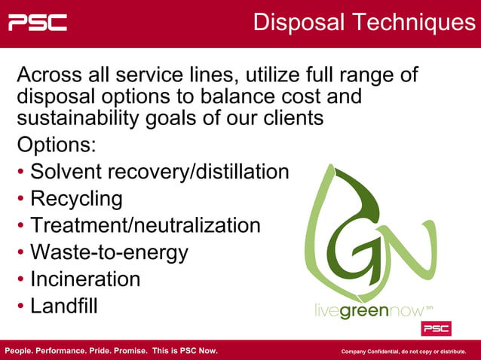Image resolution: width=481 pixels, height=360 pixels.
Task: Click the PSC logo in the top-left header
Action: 37,23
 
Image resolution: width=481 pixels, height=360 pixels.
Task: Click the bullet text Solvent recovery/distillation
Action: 159,172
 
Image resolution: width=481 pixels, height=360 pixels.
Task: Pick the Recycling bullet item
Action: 76,199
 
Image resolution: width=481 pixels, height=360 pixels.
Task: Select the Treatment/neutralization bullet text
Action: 146,225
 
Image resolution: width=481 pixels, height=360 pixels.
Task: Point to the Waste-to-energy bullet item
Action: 109,252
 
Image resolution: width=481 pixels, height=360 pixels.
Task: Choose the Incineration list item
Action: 85,279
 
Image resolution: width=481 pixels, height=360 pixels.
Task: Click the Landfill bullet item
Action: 64,306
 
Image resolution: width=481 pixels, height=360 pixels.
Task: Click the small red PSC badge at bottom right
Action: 436,329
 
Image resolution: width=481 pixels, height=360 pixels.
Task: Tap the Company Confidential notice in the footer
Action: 403,352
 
